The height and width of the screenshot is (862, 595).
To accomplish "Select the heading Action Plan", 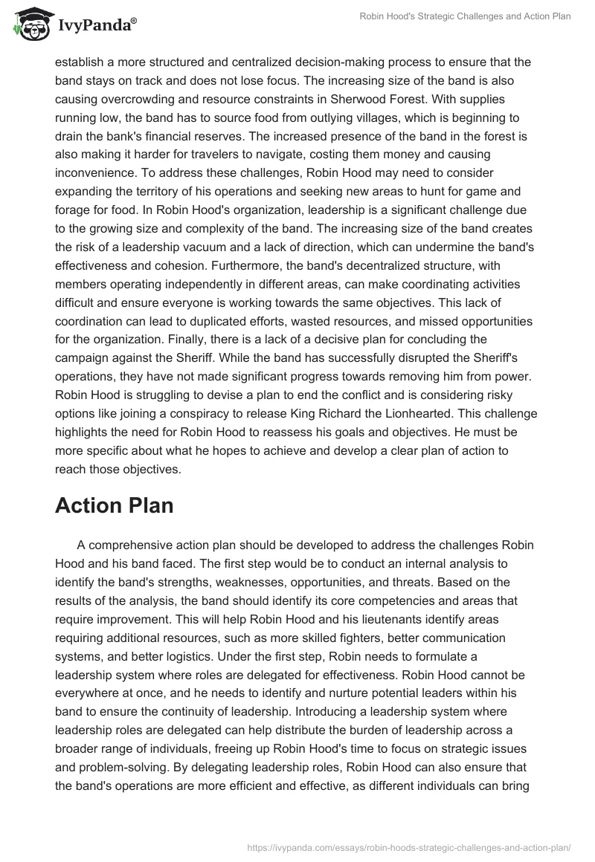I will click(x=114, y=506).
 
